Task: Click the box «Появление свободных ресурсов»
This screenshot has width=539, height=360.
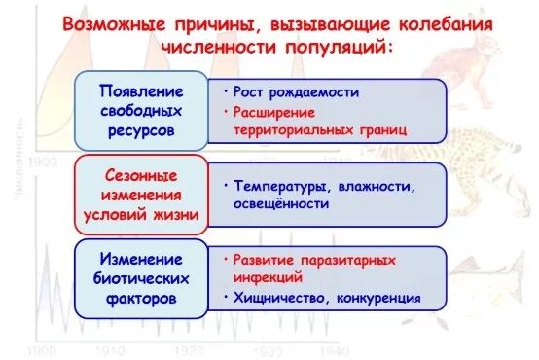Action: click(x=140, y=107)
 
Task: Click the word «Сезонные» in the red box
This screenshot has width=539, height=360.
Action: click(x=140, y=176)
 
